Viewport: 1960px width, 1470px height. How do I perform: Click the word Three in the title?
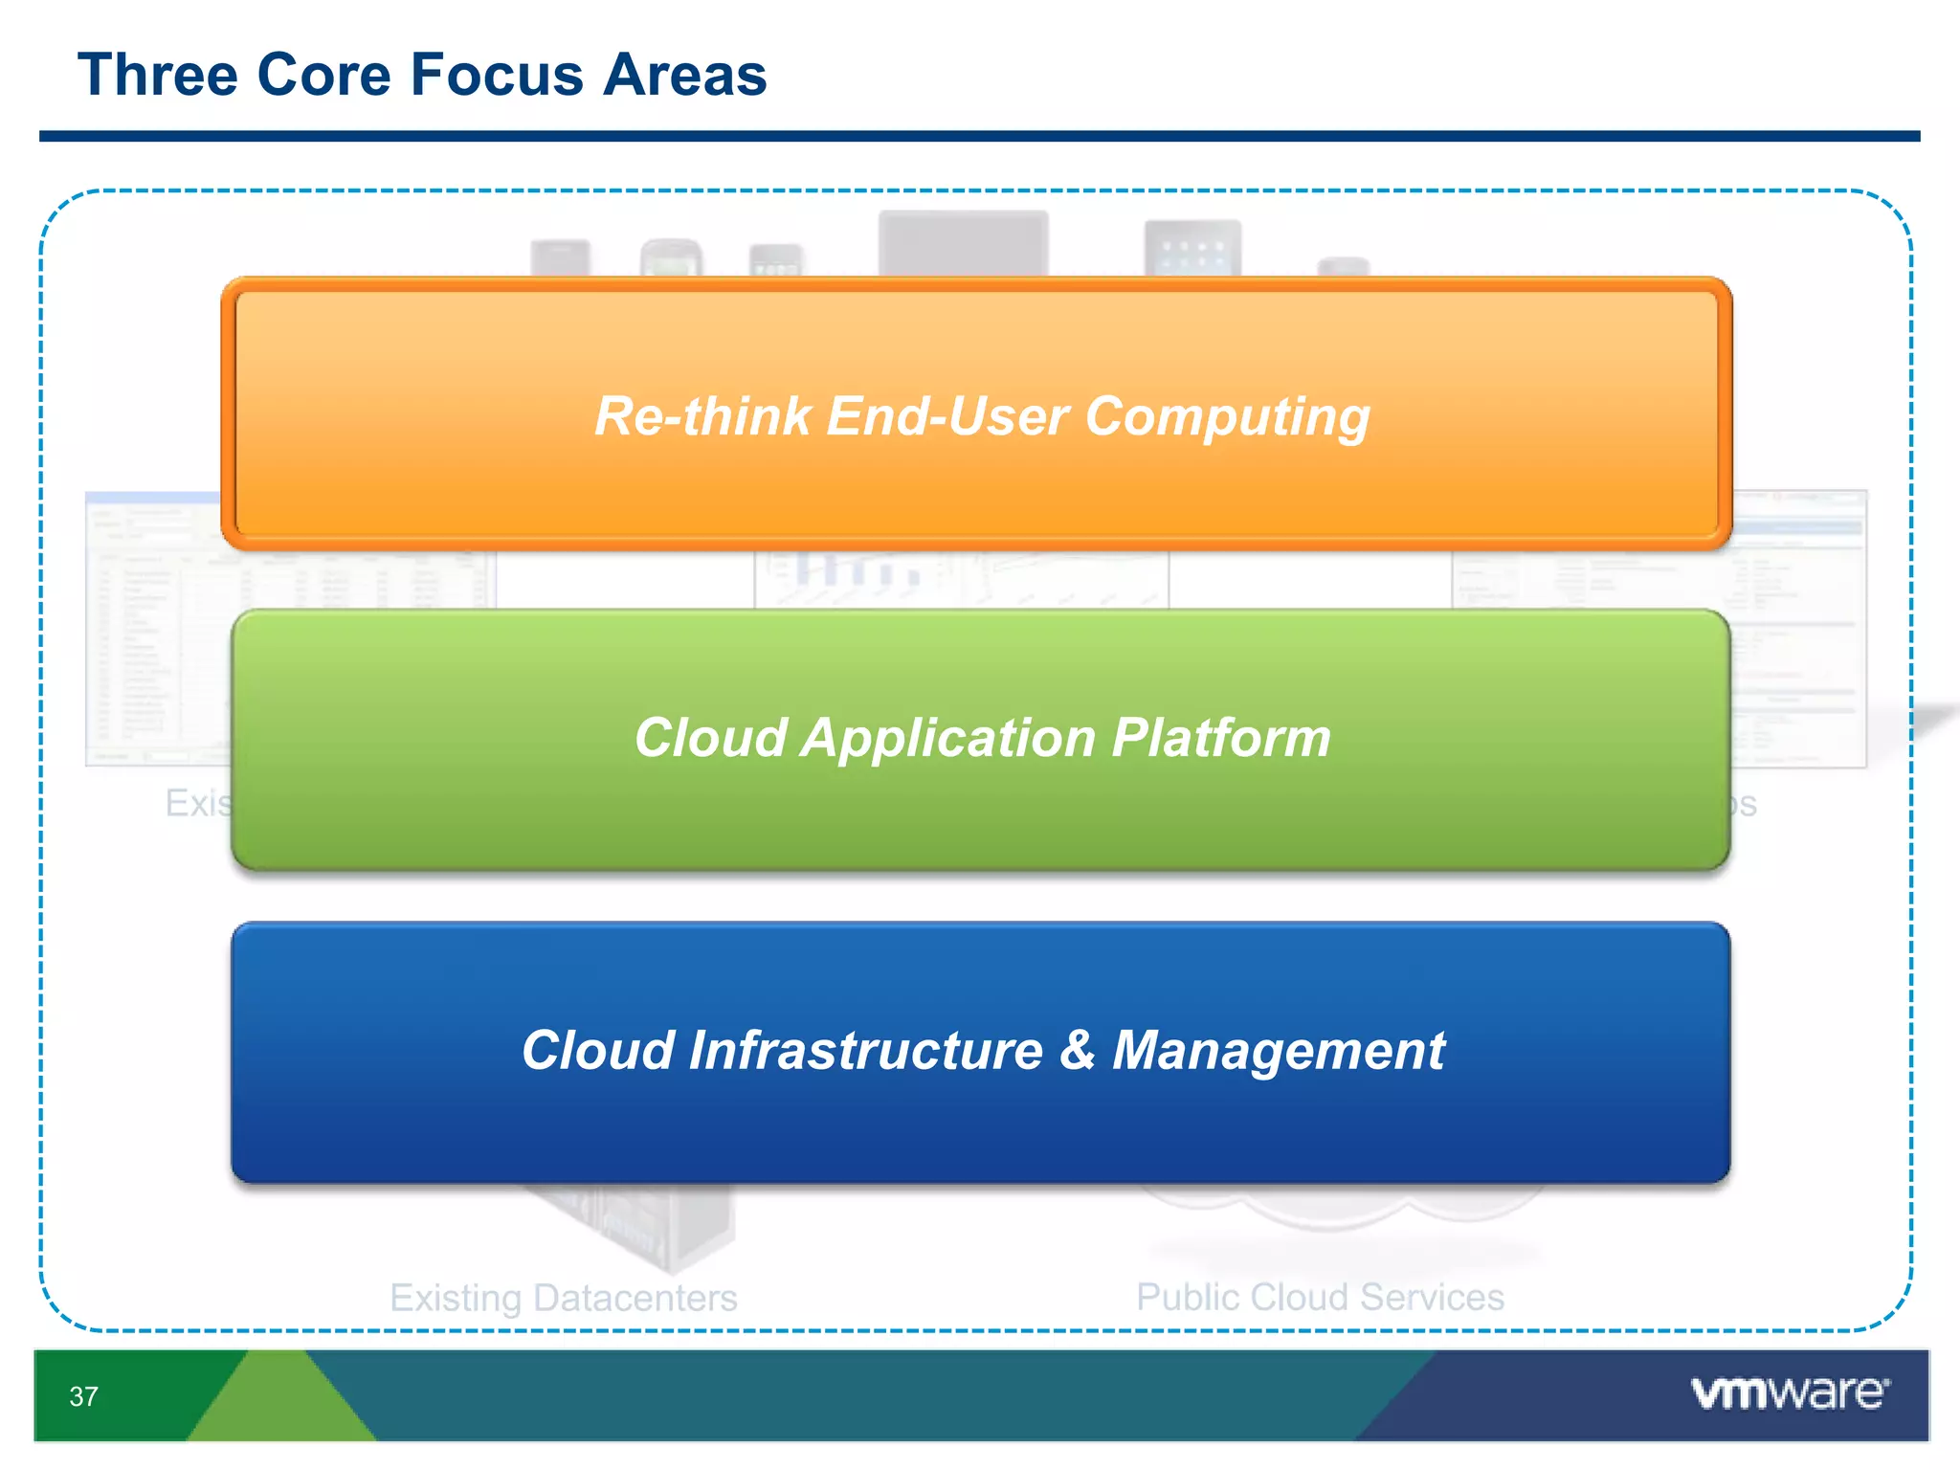[x=158, y=75]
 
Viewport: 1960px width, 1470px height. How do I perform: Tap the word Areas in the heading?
[x=684, y=75]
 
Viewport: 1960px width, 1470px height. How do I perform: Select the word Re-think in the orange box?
[x=702, y=416]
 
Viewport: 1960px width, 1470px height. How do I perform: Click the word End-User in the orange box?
[x=947, y=416]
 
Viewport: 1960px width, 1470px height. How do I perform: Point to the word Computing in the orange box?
[x=1227, y=418]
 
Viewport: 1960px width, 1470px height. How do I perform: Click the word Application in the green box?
[x=947, y=739]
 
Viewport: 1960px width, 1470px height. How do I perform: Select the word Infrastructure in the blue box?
[x=865, y=1051]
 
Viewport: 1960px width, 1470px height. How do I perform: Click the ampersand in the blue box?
[x=1077, y=1050]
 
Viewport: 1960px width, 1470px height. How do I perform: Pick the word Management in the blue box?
[x=1279, y=1051]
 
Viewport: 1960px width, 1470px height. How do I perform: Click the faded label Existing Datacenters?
[x=563, y=1298]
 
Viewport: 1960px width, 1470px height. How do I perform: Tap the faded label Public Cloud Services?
[x=1320, y=1297]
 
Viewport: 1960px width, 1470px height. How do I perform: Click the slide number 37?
[x=83, y=1396]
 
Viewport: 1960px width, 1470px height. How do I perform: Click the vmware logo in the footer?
[x=1789, y=1392]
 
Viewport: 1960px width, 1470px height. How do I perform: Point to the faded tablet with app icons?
[x=1192, y=248]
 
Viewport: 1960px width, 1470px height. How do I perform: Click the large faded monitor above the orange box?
[x=963, y=243]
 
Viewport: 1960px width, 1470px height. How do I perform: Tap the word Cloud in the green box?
[x=710, y=739]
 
